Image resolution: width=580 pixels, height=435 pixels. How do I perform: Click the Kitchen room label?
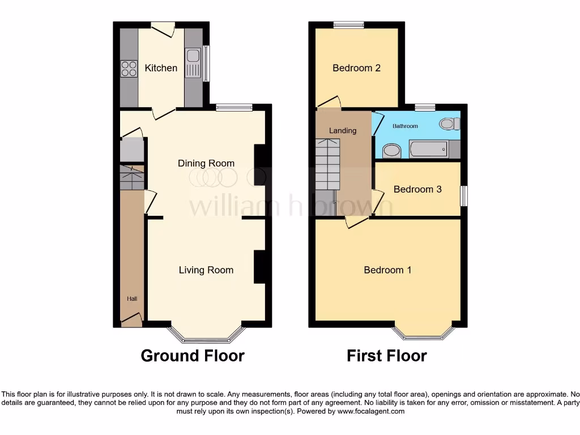coord(161,68)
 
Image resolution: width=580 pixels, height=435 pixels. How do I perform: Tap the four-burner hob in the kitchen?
coord(129,69)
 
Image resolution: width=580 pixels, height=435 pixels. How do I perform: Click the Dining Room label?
coord(206,163)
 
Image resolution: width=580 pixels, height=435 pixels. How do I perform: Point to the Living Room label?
coord(206,270)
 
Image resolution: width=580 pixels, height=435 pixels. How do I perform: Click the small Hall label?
coord(131,298)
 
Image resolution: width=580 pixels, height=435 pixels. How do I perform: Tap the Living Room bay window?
coord(206,339)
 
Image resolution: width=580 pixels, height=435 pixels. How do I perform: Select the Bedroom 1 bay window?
coord(424,336)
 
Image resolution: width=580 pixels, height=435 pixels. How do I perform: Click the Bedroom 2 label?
coord(356,68)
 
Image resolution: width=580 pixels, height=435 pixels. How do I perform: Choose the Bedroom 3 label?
coord(417,189)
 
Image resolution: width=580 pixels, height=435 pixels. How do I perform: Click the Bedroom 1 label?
coord(387,270)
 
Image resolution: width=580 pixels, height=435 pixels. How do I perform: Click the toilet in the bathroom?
coord(450,123)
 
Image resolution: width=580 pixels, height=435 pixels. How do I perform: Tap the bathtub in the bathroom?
coord(429,150)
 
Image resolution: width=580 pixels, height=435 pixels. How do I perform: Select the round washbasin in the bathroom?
coord(391,151)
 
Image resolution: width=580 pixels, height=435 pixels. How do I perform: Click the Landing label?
coord(343,130)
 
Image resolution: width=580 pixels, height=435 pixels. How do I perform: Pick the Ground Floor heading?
coord(193,356)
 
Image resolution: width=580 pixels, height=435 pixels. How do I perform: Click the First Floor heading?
coord(387,356)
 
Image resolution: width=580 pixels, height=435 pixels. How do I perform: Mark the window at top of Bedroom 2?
coord(348,24)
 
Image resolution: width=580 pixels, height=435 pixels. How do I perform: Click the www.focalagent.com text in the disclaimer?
coord(372,411)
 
